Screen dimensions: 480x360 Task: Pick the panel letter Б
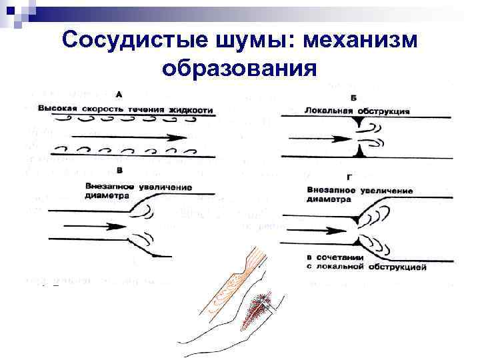353,97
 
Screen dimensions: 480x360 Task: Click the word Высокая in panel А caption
58,109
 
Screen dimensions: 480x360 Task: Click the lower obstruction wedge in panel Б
360,153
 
